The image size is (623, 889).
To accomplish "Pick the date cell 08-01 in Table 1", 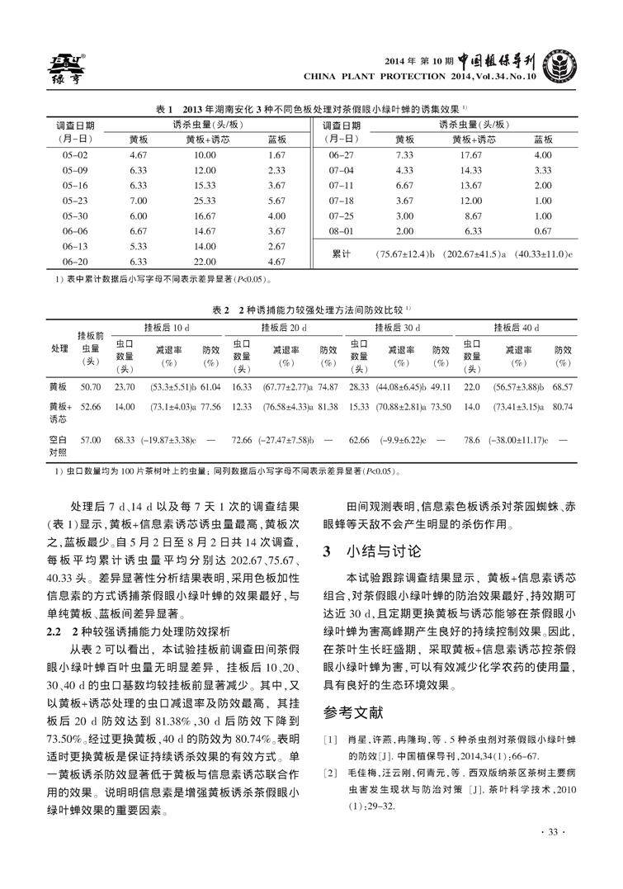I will (x=341, y=231).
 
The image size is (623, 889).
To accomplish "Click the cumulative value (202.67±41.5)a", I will (x=474, y=253).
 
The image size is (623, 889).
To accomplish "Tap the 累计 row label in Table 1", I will (x=342, y=253).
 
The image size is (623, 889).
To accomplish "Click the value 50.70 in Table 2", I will (x=90, y=386).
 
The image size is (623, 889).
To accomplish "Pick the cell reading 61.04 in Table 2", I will (x=210, y=386).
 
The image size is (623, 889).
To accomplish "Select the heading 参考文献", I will (x=354, y=711).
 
